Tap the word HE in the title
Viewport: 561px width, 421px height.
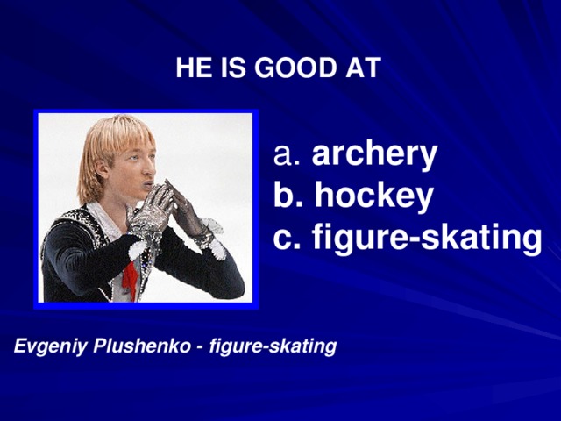(190, 68)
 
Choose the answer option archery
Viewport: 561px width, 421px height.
(374, 155)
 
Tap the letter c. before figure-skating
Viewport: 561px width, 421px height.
(288, 238)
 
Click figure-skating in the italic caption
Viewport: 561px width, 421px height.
(273, 347)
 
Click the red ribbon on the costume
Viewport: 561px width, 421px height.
(130, 281)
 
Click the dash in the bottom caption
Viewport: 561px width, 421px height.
(201, 348)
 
